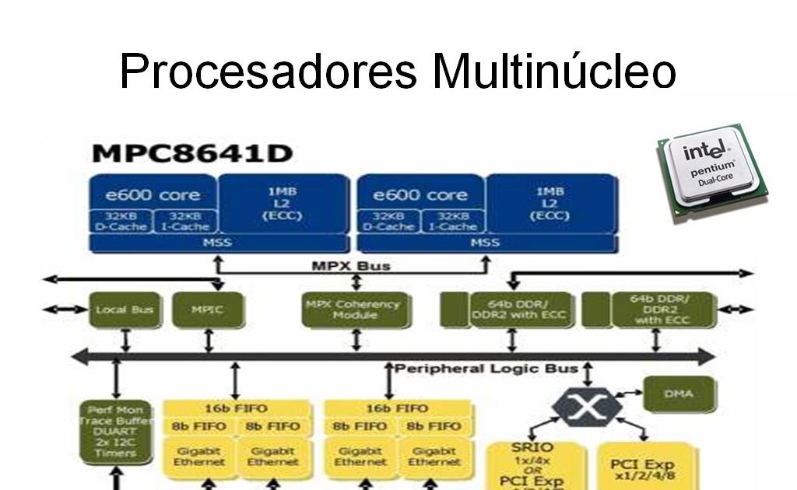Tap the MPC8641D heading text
191,152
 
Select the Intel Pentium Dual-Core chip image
711,173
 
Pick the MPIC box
207,310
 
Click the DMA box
678,394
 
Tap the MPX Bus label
351,266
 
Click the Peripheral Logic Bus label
486,368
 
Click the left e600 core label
153,194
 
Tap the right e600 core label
420,194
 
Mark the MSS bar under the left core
219,243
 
